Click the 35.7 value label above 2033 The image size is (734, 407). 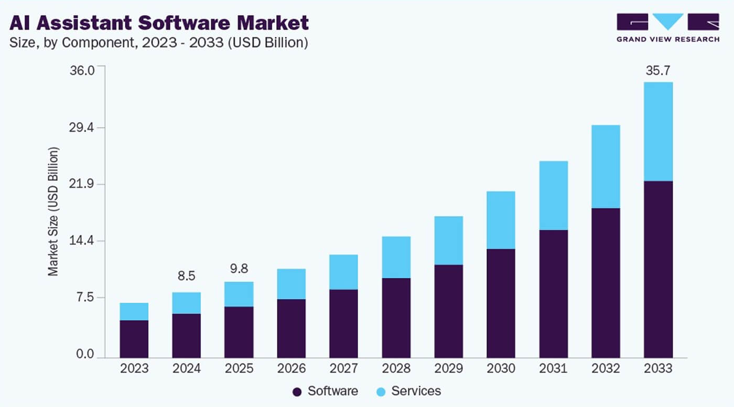658,71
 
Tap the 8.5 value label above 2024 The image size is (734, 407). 186,276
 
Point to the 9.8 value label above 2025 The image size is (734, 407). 239,269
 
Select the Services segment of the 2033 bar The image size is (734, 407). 658,131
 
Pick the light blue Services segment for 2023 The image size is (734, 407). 134,312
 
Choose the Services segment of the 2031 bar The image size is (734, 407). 553,195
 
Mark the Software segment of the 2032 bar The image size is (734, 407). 606,283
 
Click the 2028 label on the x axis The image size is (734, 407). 396,369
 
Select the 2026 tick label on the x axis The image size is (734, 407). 291,369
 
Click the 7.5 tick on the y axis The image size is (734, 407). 85,298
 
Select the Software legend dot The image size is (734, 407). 297,391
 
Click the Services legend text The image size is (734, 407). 416,391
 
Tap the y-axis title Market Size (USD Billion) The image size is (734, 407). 53,211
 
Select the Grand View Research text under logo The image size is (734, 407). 667,39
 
